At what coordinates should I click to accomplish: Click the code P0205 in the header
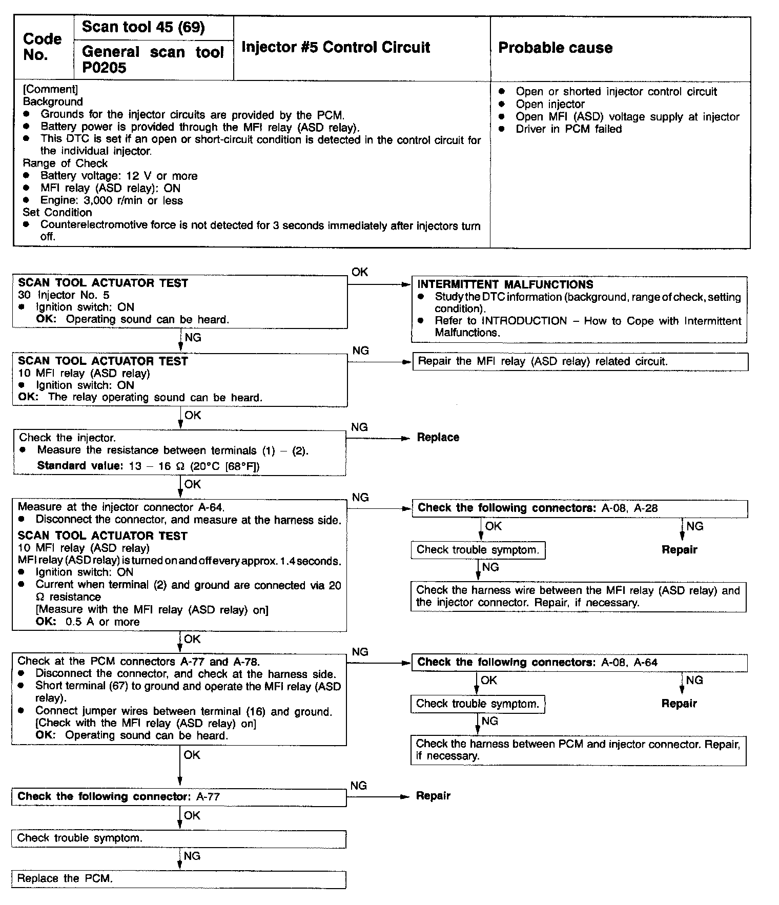[x=104, y=68]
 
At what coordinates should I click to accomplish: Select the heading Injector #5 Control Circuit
[x=336, y=48]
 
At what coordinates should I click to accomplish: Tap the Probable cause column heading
[x=555, y=48]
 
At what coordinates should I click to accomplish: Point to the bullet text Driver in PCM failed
[x=568, y=129]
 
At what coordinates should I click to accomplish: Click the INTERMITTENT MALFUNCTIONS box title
[x=505, y=285]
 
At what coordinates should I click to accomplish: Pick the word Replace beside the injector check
[x=438, y=438]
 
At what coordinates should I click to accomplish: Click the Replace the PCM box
[x=178, y=878]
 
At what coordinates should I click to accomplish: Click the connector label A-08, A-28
[x=629, y=508]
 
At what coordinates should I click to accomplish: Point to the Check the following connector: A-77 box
[x=178, y=797]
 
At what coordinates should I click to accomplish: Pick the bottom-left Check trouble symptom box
[x=178, y=838]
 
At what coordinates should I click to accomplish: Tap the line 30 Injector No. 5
[x=64, y=295]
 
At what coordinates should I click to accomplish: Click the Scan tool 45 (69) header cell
[x=143, y=28]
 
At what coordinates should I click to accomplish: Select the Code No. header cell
[x=43, y=47]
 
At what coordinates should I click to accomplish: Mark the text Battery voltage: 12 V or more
[x=119, y=176]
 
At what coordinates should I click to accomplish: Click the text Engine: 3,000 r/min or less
[x=111, y=201]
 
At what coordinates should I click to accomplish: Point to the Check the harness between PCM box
[x=578, y=750]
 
